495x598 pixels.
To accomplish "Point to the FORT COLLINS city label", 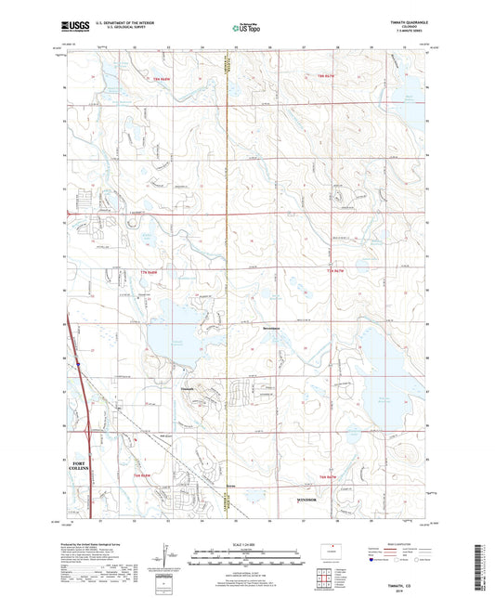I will [x=79, y=463].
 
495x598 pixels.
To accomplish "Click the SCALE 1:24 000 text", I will [x=246, y=543].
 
